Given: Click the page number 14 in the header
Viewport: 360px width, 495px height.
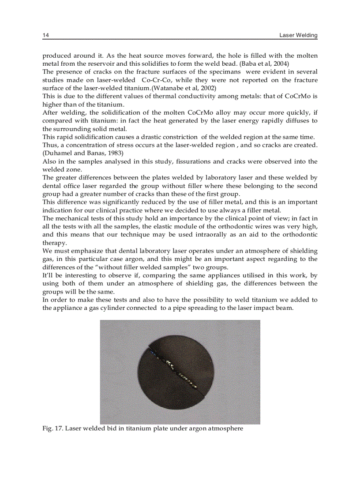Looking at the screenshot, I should pyautogui.click(x=45, y=35).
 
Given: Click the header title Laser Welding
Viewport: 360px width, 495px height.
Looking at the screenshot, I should pyautogui.click(x=298, y=35).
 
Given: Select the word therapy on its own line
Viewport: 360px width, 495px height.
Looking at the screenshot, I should pyautogui.click(x=54, y=243).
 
